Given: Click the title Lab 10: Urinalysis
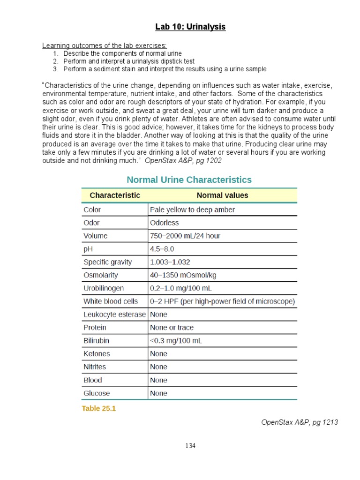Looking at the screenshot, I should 190,27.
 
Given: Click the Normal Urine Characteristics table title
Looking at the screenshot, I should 189,180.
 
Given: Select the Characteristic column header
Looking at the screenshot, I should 115,195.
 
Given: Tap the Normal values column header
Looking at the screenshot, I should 222,195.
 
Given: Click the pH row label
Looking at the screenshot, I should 89,249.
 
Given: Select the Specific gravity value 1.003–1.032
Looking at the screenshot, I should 170,262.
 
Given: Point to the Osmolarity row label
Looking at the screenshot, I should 101,275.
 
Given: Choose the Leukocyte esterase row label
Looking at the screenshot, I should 114,315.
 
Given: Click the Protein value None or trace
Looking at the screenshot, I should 172,328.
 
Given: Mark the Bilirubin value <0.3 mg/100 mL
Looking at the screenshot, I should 176,341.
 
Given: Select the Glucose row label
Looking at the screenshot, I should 97,393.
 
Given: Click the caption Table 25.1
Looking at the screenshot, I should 98,409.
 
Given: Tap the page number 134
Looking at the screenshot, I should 190,446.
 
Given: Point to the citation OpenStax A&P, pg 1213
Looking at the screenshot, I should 299,422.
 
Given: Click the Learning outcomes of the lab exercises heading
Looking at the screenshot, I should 105,46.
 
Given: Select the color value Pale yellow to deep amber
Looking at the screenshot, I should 192,210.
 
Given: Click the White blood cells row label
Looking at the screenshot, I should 111,301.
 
